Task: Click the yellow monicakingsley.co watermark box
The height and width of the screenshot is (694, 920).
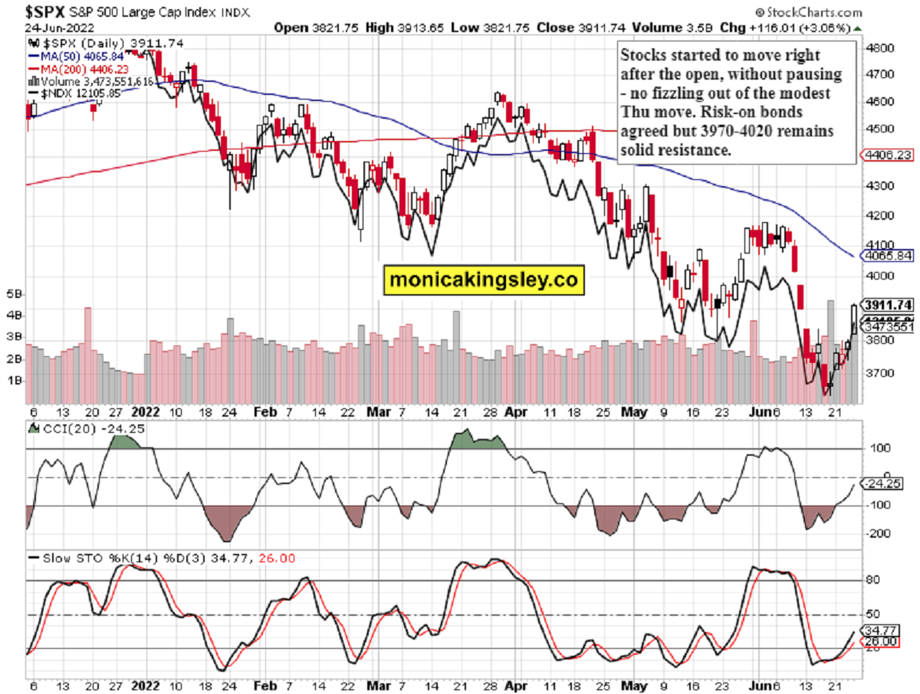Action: coord(483,280)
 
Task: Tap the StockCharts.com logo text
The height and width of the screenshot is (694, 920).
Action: coord(814,11)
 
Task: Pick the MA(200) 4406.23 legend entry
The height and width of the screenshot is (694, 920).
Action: coord(72,68)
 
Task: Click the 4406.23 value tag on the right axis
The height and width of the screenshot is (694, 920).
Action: coord(888,155)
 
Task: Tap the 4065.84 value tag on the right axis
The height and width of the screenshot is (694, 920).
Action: coord(888,255)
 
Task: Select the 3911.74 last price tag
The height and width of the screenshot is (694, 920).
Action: coord(888,303)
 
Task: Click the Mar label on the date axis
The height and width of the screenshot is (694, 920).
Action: coord(376,411)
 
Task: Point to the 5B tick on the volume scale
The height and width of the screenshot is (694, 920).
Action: coord(15,294)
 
